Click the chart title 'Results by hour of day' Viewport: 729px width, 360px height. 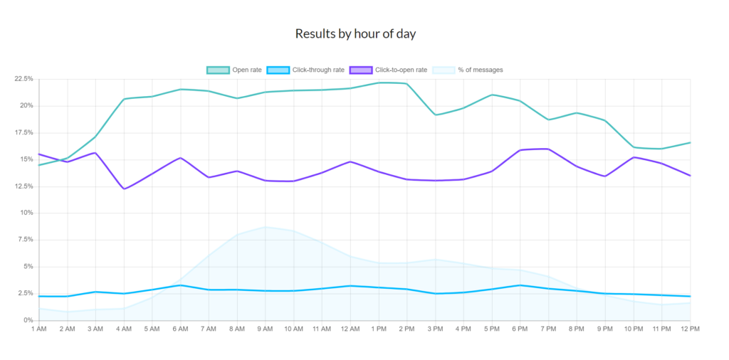[x=355, y=33]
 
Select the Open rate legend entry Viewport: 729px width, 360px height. [x=234, y=70]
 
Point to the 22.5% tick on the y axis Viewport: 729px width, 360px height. [x=23, y=79]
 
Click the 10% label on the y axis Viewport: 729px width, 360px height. [x=26, y=213]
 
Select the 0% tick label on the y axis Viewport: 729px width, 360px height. [x=28, y=320]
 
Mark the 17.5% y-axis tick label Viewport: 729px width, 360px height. [x=23, y=132]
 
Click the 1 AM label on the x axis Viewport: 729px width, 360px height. [x=39, y=329]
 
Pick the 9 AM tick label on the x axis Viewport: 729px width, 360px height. [x=266, y=329]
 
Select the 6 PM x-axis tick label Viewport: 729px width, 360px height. [x=520, y=329]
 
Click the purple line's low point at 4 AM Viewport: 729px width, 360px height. [x=124, y=189]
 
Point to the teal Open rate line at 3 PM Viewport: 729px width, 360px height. [x=436, y=115]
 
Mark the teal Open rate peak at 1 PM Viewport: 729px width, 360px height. [x=379, y=83]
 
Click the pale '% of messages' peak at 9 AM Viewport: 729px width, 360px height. [x=266, y=227]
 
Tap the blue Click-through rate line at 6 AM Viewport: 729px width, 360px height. [x=181, y=285]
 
